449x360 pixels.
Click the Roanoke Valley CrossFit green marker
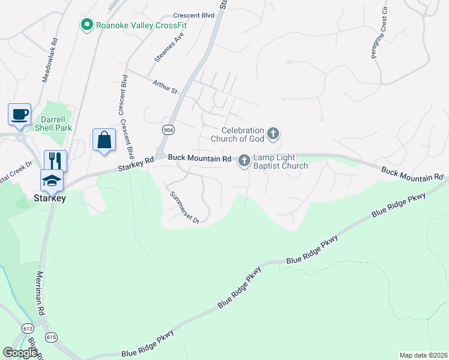click(87, 25)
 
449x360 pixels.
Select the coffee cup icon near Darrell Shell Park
click(19, 113)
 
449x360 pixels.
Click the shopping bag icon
click(104, 140)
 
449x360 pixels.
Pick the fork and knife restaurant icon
click(55, 160)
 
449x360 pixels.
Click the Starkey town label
click(50, 198)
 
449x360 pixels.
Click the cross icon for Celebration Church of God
click(273, 133)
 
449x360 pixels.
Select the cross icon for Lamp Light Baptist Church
click(244, 161)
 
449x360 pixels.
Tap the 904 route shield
click(167, 129)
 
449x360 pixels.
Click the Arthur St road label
click(166, 87)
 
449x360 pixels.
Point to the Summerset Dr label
click(184, 207)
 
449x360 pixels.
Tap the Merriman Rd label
click(41, 293)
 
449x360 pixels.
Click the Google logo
click(20, 353)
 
